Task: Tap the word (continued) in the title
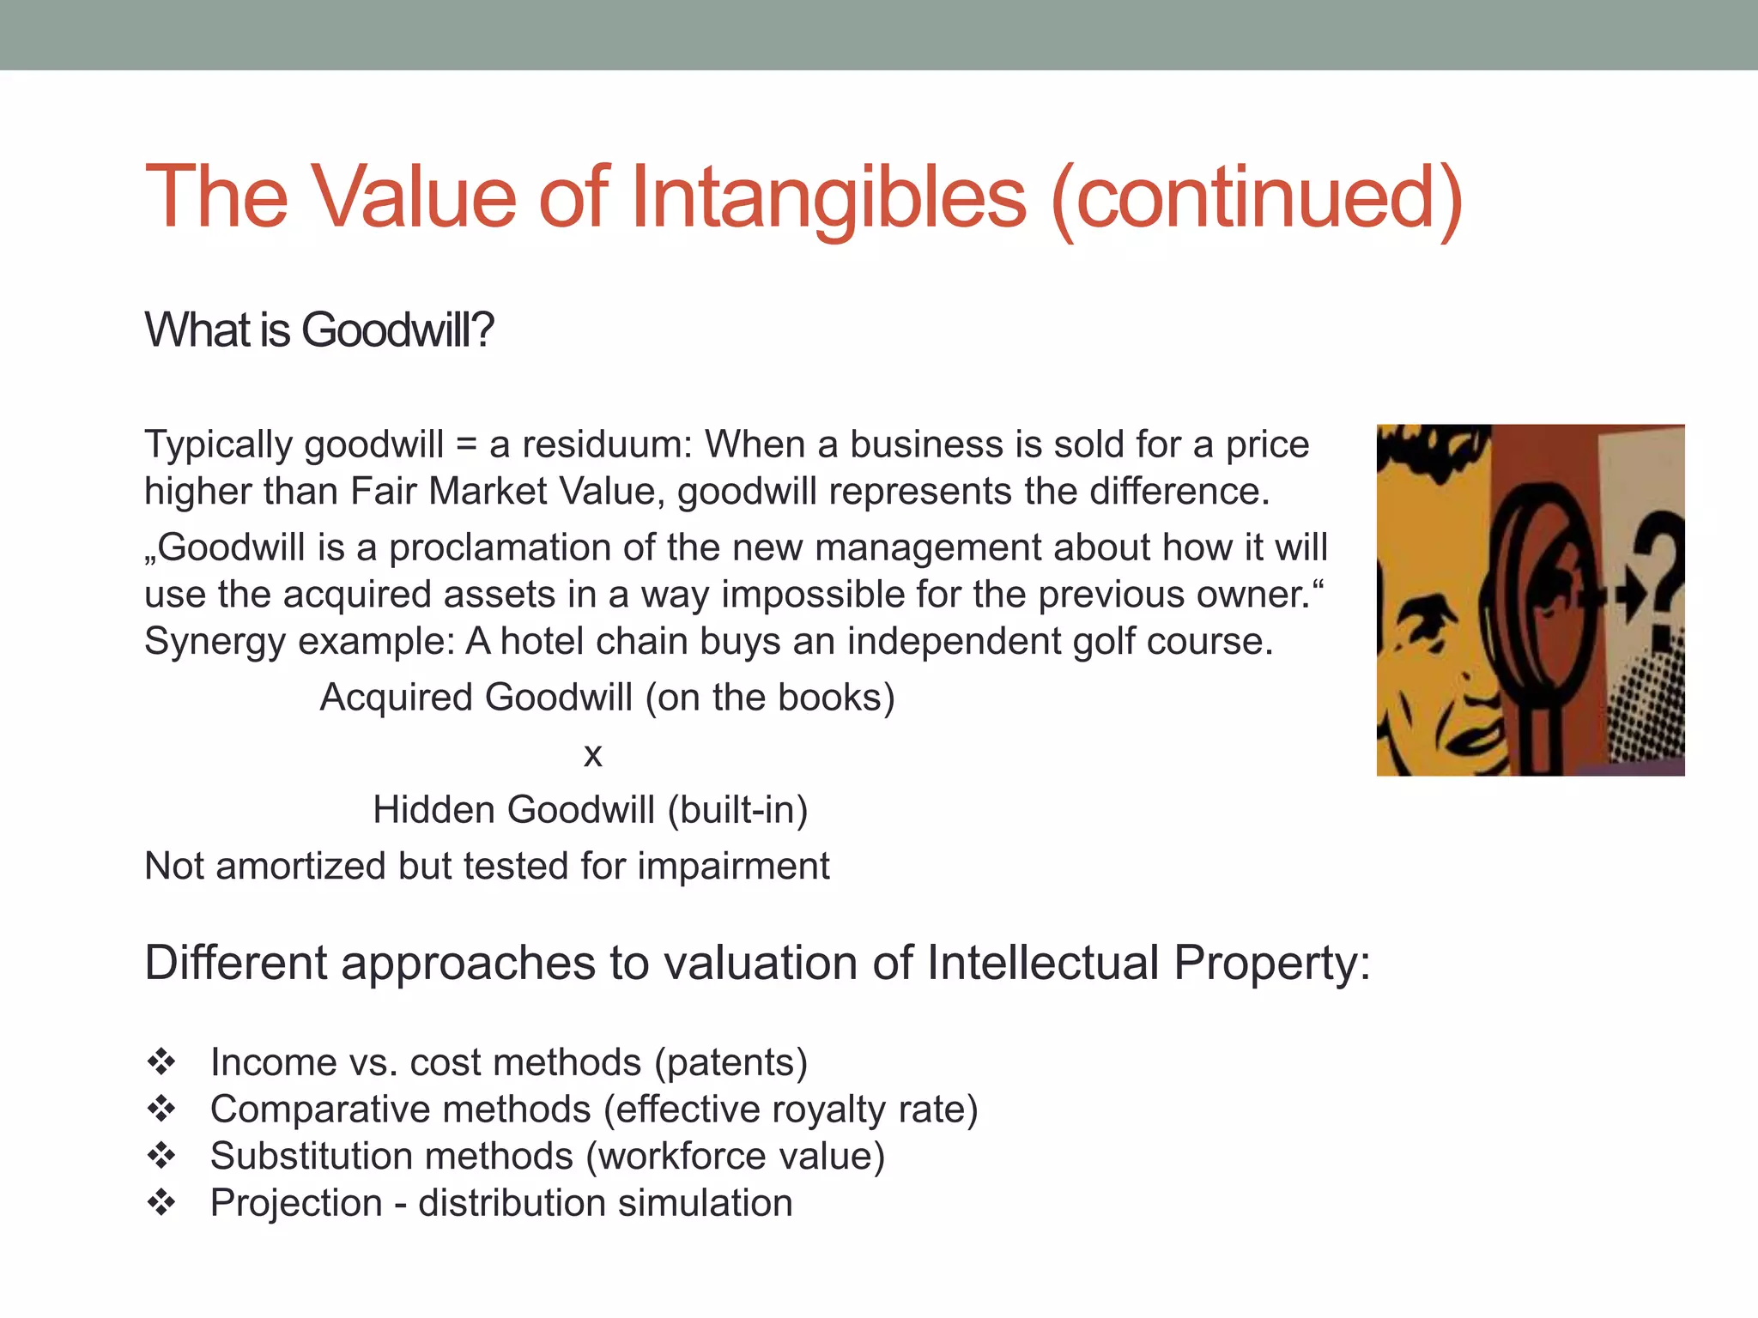tap(1257, 199)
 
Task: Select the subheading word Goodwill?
tap(397, 330)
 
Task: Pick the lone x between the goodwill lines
tap(592, 755)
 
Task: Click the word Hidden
tap(436, 810)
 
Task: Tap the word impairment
tap(733, 867)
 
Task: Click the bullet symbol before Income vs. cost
tap(161, 1062)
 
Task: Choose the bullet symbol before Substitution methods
tap(161, 1157)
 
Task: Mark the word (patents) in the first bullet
tap(731, 1063)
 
